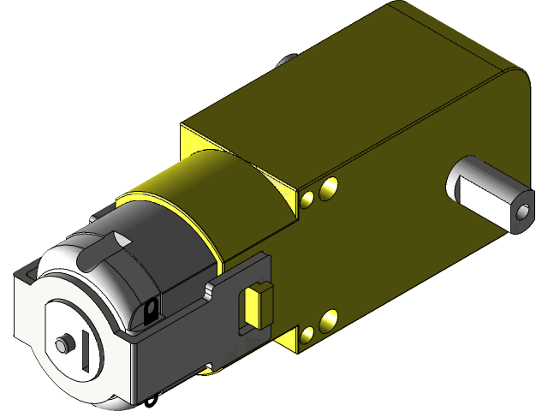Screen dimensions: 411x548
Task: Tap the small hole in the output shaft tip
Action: tap(522, 211)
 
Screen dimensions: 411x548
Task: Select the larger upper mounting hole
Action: tap(327, 189)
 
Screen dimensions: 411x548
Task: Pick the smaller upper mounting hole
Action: tap(307, 200)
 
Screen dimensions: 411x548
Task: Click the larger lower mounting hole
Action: tap(326, 319)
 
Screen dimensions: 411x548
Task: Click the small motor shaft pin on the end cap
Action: tap(63, 343)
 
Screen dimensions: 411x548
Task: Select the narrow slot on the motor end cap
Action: tap(88, 352)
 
